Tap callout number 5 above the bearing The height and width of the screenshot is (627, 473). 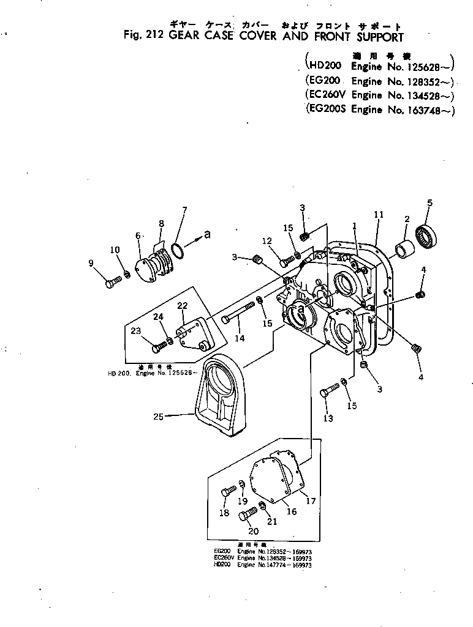[x=429, y=202]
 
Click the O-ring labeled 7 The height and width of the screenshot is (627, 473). [x=177, y=251]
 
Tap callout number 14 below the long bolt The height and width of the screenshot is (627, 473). [x=239, y=338]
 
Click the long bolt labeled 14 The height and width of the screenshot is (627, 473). [x=240, y=310]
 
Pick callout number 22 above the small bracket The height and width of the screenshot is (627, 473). [x=182, y=306]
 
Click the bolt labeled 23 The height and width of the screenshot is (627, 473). [x=158, y=347]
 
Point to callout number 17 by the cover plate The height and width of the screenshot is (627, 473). [x=311, y=501]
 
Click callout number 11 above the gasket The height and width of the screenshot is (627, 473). [x=379, y=215]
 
